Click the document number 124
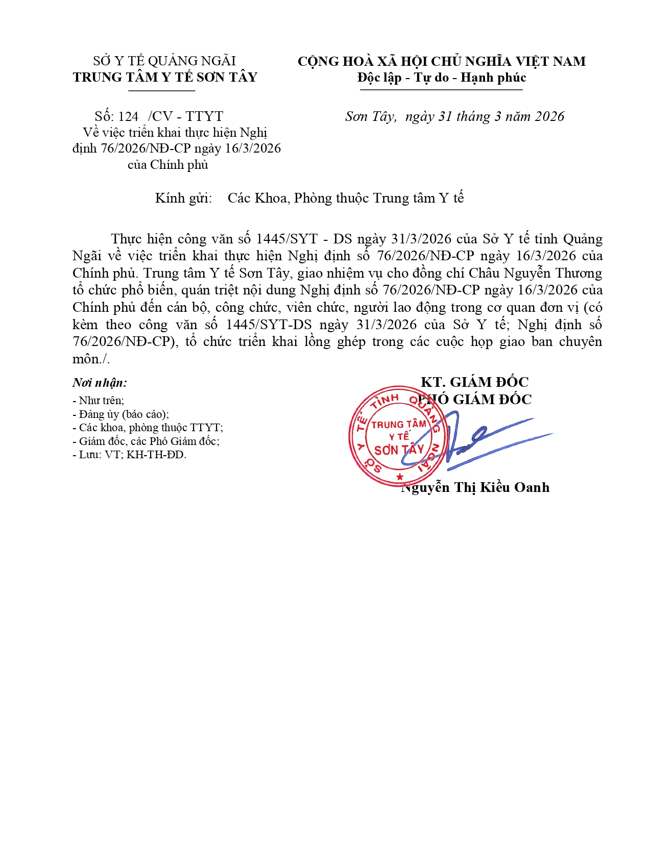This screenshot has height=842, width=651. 128,116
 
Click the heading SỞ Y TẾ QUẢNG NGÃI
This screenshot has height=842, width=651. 164,61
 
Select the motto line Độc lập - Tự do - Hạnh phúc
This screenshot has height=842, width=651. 441,78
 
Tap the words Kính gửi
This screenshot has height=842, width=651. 183,198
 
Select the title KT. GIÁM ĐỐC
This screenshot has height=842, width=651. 474,382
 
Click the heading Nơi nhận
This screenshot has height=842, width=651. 100,383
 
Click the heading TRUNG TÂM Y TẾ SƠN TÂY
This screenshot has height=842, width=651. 164,78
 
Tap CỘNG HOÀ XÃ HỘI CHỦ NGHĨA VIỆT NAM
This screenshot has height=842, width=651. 441,61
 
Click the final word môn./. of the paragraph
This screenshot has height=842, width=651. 91,359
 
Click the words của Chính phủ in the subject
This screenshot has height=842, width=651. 168,165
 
